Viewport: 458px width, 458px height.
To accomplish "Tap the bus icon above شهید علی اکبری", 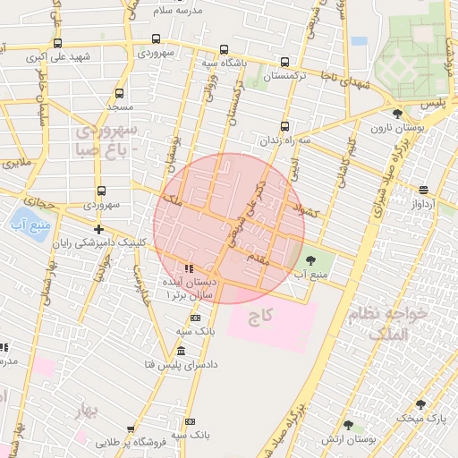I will [x=58, y=43].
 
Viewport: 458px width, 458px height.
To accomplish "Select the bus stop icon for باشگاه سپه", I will [x=223, y=50].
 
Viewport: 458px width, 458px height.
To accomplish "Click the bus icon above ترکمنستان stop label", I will [x=284, y=63].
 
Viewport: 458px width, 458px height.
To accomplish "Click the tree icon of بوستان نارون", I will [x=397, y=114].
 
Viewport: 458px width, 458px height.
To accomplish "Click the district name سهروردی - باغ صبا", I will [x=106, y=140].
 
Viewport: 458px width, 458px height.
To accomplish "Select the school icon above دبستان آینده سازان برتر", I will [x=188, y=268].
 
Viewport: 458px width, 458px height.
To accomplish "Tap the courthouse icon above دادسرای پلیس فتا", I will [x=181, y=351].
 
